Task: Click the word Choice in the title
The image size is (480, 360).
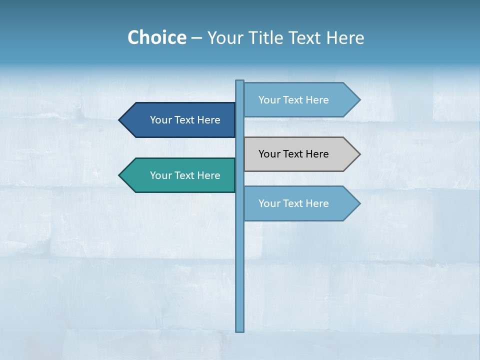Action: tap(156, 37)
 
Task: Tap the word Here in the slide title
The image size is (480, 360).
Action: tap(345, 37)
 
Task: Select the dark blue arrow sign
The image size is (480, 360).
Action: tap(180, 120)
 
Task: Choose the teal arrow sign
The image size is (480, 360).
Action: tap(180, 175)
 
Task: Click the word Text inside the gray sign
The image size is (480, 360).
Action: tap(293, 154)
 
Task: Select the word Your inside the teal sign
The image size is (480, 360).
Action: tap(160, 175)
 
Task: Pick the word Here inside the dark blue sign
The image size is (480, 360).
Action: tap(208, 120)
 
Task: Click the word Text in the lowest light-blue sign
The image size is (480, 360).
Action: tap(293, 203)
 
